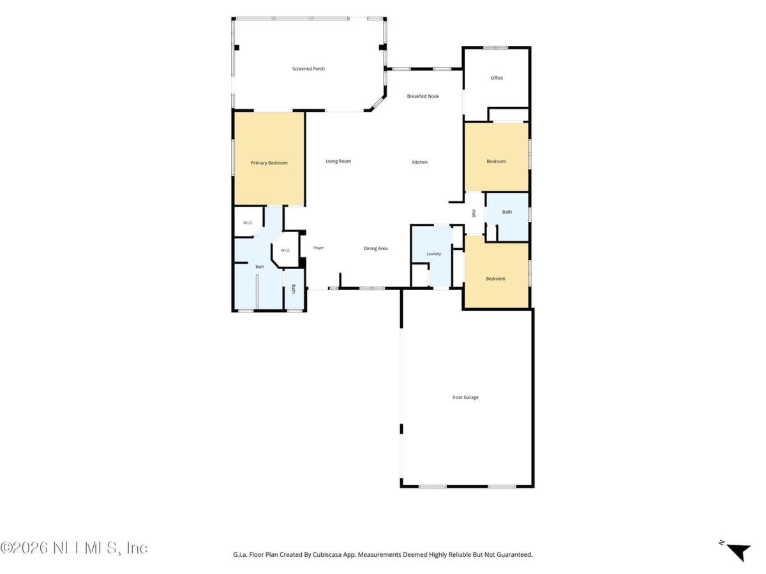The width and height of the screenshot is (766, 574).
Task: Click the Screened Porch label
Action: coord(308,69)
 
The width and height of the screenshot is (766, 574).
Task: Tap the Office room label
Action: coord(497,78)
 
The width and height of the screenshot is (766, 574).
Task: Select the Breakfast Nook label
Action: coord(423,96)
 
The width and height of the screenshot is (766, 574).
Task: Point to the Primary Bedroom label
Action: coord(269,163)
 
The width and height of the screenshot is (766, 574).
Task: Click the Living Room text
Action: coord(338,161)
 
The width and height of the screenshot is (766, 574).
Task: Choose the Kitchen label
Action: coord(420,162)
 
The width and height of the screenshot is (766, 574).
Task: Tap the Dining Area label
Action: coord(375,249)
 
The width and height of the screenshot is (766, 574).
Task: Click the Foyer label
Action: coord(319,248)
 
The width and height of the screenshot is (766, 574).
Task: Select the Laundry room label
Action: coord(434,254)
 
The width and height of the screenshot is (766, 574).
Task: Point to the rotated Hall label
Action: coord(474,213)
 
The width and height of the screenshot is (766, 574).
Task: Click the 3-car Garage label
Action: coord(465,397)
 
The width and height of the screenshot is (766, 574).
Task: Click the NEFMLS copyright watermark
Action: coord(73,548)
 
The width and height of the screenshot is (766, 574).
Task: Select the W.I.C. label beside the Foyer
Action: coord(285,250)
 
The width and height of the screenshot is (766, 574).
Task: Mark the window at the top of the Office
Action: coord(495,48)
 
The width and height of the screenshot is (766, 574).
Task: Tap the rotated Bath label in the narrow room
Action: coord(294,289)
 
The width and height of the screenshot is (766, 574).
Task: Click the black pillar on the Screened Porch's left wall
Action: coord(237,48)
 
